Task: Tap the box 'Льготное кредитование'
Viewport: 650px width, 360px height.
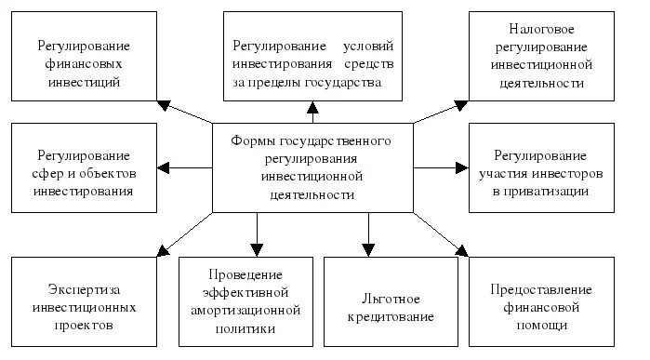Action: (x=391, y=308)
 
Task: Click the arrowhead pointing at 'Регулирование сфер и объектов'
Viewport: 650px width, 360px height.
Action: (x=165, y=168)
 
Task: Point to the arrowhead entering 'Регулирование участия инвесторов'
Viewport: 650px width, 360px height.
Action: (x=461, y=168)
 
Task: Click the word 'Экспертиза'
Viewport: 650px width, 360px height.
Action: (x=84, y=287)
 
